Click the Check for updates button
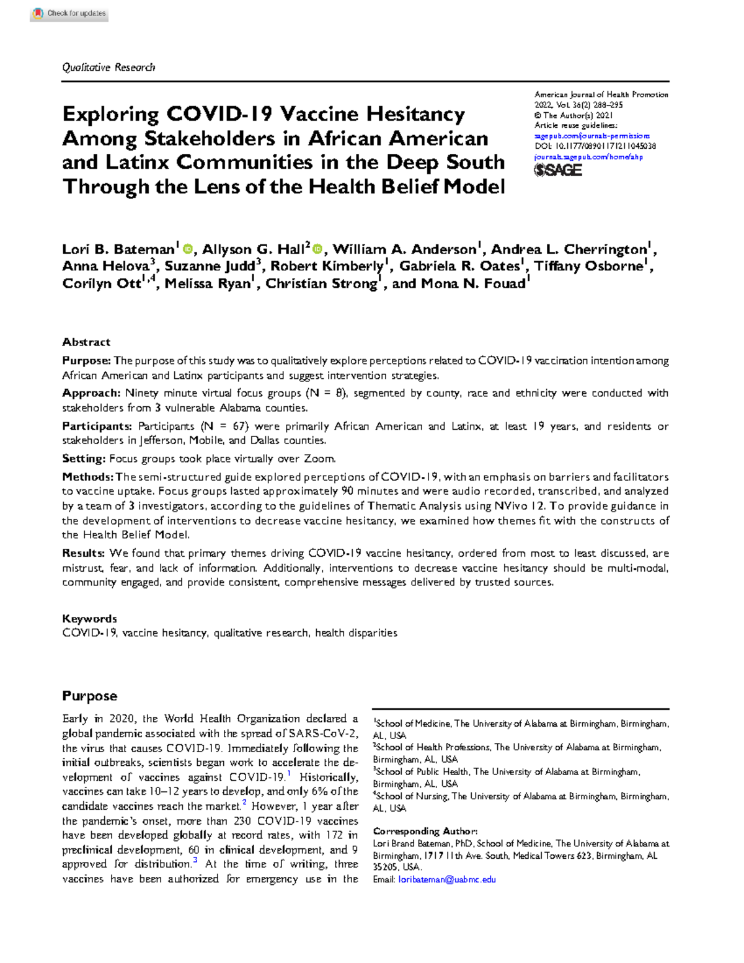pos(69,14)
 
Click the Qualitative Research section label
pos(108,67)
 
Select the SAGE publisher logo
pos(558,170)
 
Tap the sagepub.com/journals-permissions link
pos(592,136)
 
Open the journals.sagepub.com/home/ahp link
pos(588,157)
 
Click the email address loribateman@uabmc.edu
pos(446,879)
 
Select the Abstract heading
pos(86,342)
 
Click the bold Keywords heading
pos(89,619)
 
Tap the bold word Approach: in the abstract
pos(91,393)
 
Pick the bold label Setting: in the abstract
pos(84,459)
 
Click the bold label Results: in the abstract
pos(84,553)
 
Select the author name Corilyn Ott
pos(102,284)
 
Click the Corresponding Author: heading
pos(425,831)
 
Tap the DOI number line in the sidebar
pos(595,146)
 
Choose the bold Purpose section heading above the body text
pos(89,696)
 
